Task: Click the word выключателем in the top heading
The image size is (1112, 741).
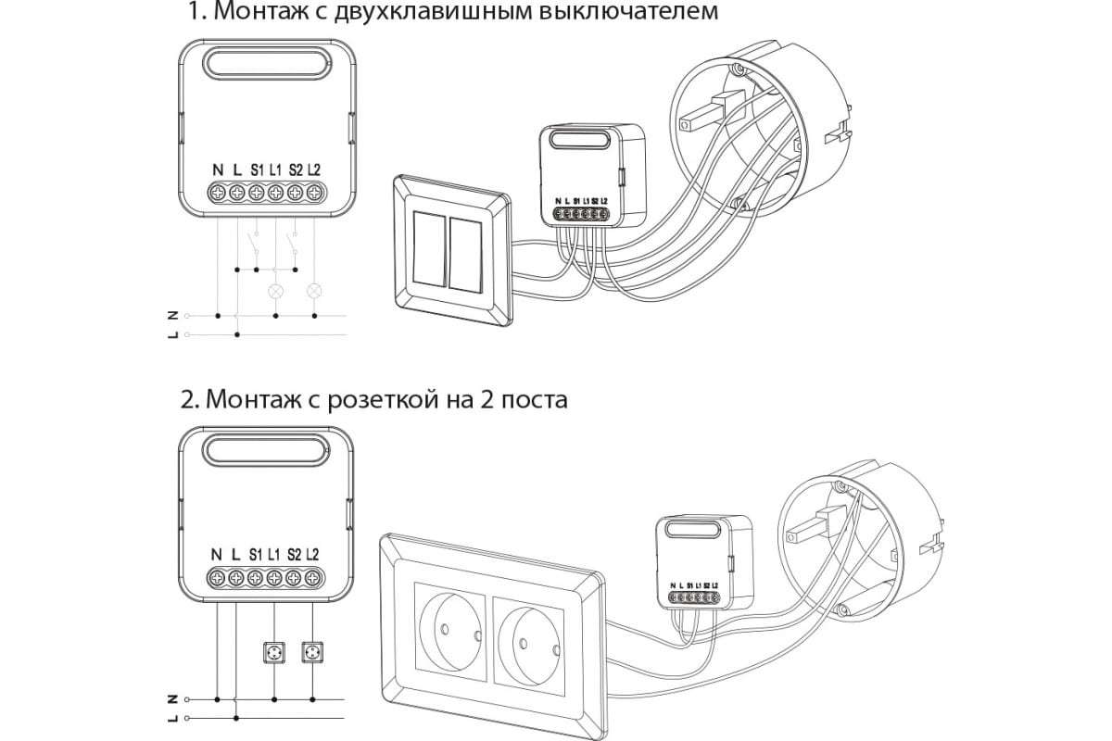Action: click(628, 12)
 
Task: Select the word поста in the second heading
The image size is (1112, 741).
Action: click(534, 401)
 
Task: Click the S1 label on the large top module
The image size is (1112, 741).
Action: click(257, 170)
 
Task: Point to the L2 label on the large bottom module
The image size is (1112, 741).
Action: click(312, 555)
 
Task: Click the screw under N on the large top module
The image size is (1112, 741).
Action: click(218, 193)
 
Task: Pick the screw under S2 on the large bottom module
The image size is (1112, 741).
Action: click(293, 578)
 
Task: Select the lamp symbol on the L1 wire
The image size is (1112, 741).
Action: click(275, 291)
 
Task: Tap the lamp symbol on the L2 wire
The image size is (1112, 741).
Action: click(314, 291)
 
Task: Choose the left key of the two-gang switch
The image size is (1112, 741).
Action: click(430, 250)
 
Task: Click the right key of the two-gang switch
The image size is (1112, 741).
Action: click(465, 255)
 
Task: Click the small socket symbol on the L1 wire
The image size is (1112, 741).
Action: click(274, 652)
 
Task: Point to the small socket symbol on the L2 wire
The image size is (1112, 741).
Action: click(312, 652)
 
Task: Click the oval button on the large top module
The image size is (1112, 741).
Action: click(267, 64)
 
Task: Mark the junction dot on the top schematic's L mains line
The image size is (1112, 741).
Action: click(237, 335)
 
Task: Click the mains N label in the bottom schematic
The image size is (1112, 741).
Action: click(172, 700)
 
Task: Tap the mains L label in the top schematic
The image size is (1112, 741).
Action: click(172, 335)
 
